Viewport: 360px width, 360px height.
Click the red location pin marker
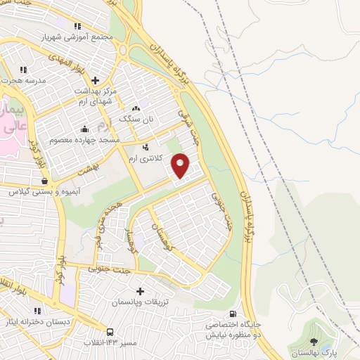[x=181, y=166]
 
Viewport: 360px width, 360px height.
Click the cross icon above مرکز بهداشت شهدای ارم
[x=96, y=79]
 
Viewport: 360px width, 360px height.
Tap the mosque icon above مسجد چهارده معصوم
[x=84, y=129]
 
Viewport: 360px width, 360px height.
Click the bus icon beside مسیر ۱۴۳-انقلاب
[x=110, y=332]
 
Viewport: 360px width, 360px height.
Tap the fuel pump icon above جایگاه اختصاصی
[x=231, y=314]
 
